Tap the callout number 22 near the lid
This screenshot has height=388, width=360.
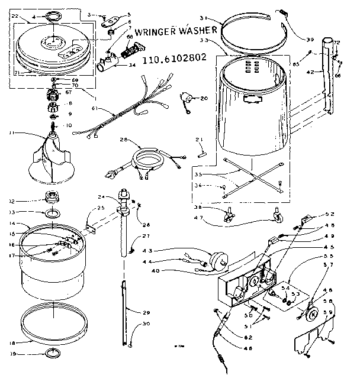[x=15, y=15]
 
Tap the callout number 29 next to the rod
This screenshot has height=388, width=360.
[x=147, y=312]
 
